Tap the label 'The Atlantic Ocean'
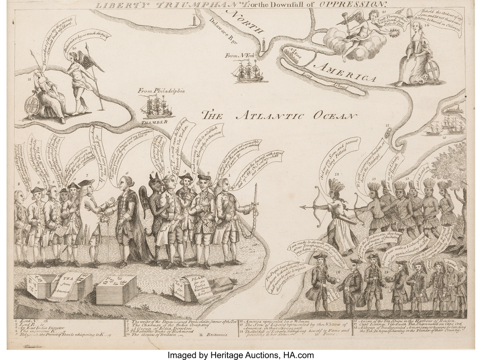tap(277, 115)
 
